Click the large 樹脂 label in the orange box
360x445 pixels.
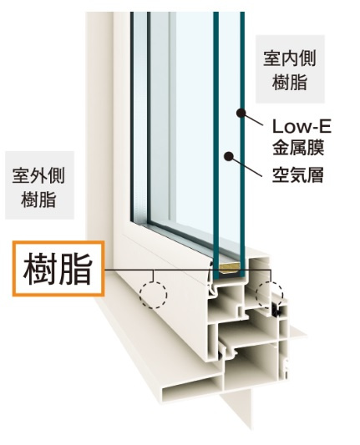tap(58, 269)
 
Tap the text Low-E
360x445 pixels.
tap(302, 127)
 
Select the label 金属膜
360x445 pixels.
tap(298, 147)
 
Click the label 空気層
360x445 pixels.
tap(298, 174)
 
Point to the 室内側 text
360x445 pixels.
tap(290, 59)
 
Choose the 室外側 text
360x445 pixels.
tap(38, 175)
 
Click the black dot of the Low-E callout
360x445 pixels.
tap(241, 113)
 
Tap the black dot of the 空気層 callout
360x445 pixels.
tap(229, 156)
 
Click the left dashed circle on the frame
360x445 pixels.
tap(153, 295)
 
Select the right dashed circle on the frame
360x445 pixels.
tap(269, 295)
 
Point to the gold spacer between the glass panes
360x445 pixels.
tap(230, 268)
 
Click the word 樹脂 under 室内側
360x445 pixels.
tap(290, 83)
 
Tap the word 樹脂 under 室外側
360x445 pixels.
tap(38, 200)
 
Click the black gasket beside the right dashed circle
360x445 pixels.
tap(276, 311)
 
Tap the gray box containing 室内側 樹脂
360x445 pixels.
tap(290, 69)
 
